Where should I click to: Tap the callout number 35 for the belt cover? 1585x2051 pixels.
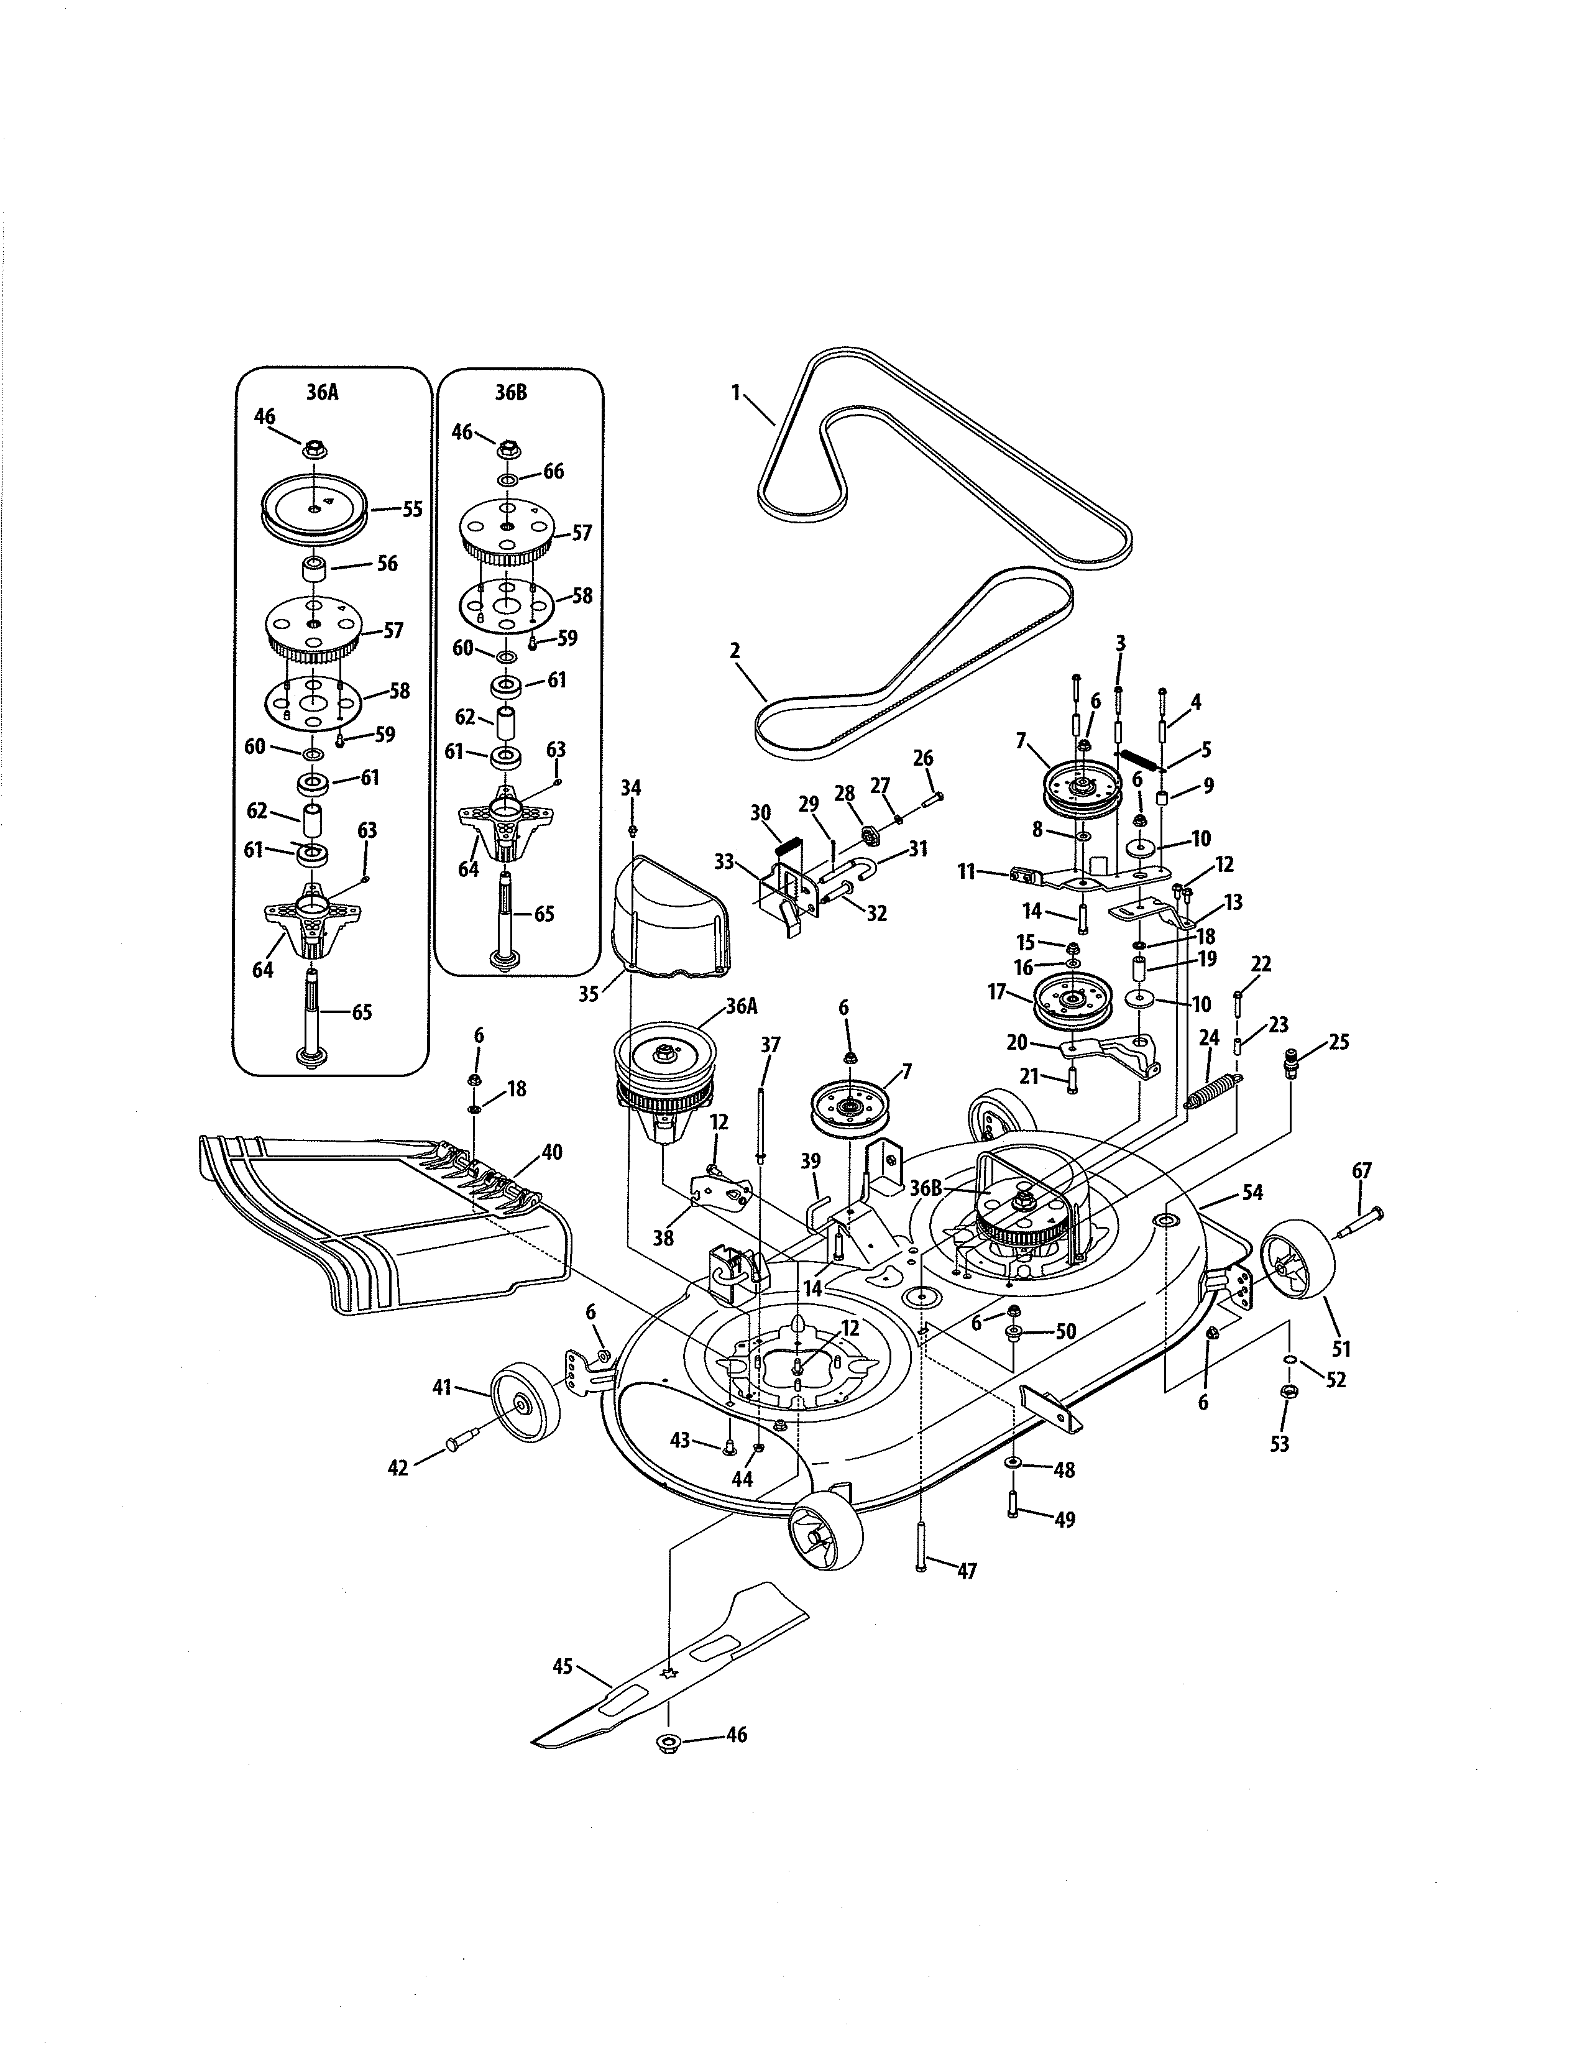[589, 994]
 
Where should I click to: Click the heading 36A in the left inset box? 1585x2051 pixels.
[322, 393]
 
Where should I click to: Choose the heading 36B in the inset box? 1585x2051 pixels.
[512, 393]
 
